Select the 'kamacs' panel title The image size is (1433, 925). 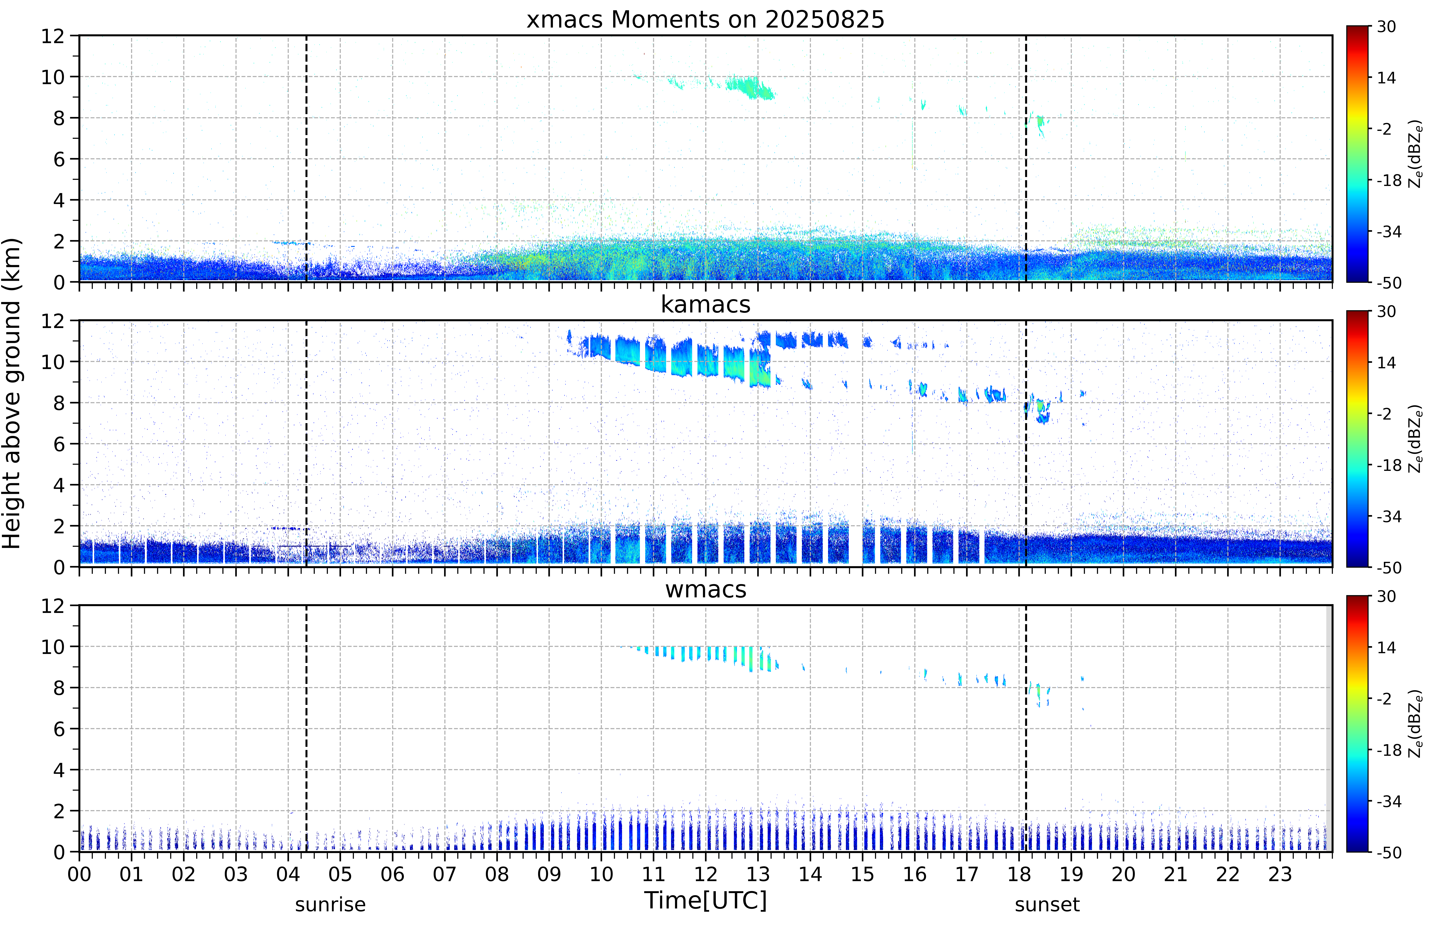(705, 304)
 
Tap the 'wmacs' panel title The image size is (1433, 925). (705, 589)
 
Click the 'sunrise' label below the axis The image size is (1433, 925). (330, 904)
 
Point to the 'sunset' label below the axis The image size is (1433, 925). (1047, 904)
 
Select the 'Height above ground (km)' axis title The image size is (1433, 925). (11, 393)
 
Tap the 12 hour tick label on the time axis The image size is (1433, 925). (705, 874)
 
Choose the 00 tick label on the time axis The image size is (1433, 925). (79, 874)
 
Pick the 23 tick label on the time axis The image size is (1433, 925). (1280, 874)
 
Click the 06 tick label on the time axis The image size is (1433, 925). (393, 874)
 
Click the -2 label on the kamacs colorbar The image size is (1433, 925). (1384, 414)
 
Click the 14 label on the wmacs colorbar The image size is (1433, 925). (1386, 647)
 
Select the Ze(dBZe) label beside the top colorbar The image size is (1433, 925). (1415, 154)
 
